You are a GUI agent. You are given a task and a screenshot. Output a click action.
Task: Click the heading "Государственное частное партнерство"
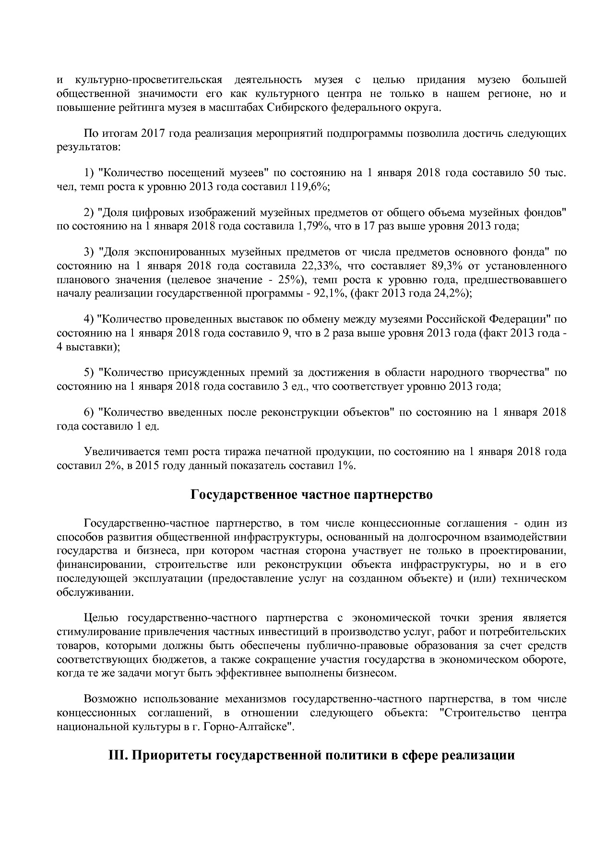(311, 495)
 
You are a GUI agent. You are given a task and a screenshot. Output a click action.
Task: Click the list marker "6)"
(89, 412)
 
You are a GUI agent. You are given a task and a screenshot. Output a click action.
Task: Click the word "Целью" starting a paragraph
(99, 617)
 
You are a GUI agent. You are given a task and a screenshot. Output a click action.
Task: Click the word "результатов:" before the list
(88, 147)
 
